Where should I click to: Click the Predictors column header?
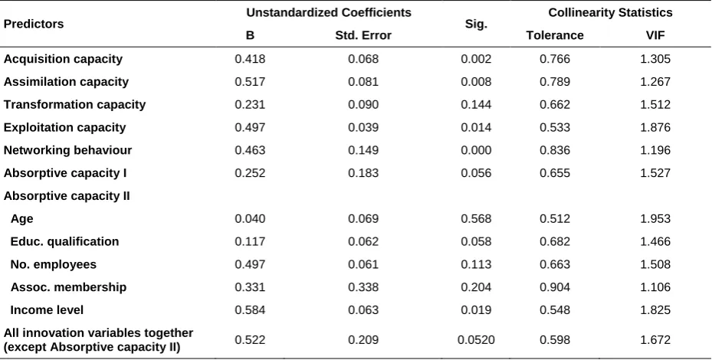[x=34, y=24]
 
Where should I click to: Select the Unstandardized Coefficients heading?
[x=329, y=13]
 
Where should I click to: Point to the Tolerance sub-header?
[x=555, y=35]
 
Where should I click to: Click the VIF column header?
[x=655, y=35]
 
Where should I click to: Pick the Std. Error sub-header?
[x=363, y=35]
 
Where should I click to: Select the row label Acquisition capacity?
[x=63, y=60]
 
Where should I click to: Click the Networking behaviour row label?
[x=67, y=150]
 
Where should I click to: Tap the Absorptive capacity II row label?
[x=67, y=196]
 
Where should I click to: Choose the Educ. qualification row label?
[x=64, y=241]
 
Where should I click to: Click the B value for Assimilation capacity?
[x=250, y=82]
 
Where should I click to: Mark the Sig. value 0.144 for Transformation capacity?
[x=476, y=104]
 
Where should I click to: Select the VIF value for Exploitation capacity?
[x=655, y=127]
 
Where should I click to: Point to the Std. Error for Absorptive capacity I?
[x=363, y=173]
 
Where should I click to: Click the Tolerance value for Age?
[x=555, y=219]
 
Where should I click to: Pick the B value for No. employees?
[x=250, y=264]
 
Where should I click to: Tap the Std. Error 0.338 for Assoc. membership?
[x=363, y=287]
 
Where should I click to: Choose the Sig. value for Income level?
[x=476, y=310]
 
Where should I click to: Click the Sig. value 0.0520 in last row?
[x=476, y=340]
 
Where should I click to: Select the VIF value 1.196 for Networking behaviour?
[x=655, y=150]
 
